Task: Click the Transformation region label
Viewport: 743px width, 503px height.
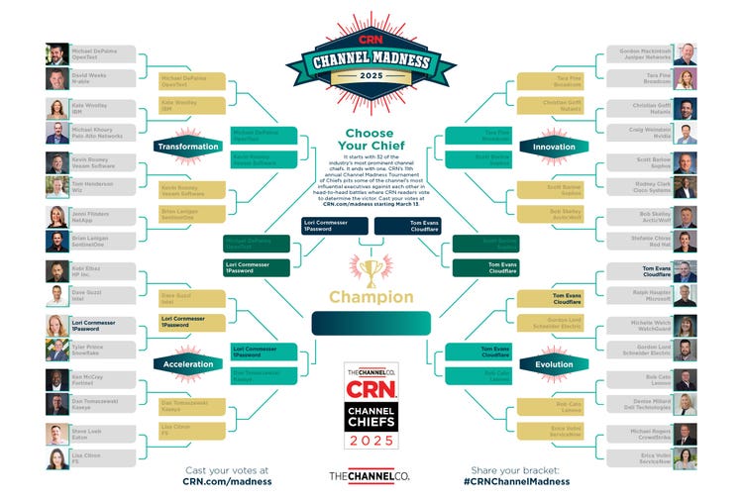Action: [187, 147]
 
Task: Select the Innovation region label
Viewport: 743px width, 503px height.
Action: [554, 147]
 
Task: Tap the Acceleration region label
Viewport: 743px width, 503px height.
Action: [186, 364]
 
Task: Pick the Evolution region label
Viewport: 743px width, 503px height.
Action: [554, 364]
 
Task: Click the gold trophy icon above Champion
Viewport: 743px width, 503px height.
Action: [371, 270]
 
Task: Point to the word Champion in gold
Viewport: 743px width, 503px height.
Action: [371, 296]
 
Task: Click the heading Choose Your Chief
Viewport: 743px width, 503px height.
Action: [371, 140]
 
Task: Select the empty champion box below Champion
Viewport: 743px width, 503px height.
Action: [371, 323]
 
